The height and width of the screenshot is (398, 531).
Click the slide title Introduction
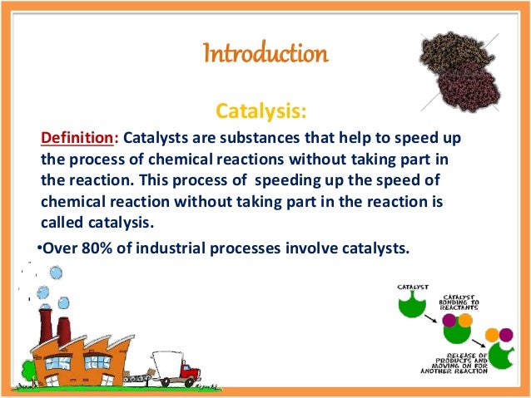click(x=265, y=55)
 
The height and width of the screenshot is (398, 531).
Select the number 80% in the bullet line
click(x=99, y=247)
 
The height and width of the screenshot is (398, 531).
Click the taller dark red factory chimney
click(x=44, y=317)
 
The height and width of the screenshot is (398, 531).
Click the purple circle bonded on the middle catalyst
click(x=449, y=320)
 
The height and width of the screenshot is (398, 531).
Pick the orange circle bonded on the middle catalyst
click(x=464, y=320)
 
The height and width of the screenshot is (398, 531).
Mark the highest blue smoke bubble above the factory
click(x=56, y=272)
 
